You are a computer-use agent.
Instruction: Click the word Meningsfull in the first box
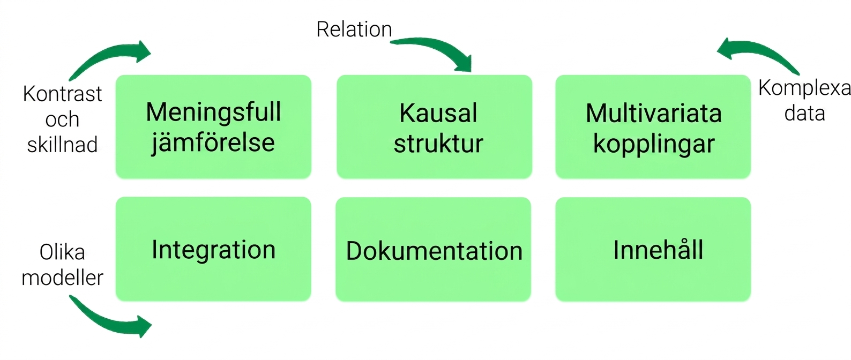[213, 113]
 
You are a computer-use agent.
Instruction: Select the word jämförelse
[213, 143]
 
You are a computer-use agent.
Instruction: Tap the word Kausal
[438, 113]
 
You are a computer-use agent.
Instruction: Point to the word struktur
[438, 144]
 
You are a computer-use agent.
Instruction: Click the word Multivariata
[653, 113]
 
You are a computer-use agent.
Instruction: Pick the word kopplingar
[654, 144]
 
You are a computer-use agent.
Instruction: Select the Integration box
[213, 249]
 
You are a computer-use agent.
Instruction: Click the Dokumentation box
[434, 250]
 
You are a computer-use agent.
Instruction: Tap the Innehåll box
[653, 250]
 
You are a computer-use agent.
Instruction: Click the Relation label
[354, 29]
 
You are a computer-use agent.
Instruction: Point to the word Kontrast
[62, 94]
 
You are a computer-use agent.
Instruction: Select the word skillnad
[62, 145]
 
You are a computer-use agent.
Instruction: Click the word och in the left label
[62, 119]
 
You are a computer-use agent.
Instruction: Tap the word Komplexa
[804, 88]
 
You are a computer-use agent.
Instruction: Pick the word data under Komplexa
[805, 113]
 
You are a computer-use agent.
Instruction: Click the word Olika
[62, 252]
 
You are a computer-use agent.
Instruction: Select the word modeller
[62, 277]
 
